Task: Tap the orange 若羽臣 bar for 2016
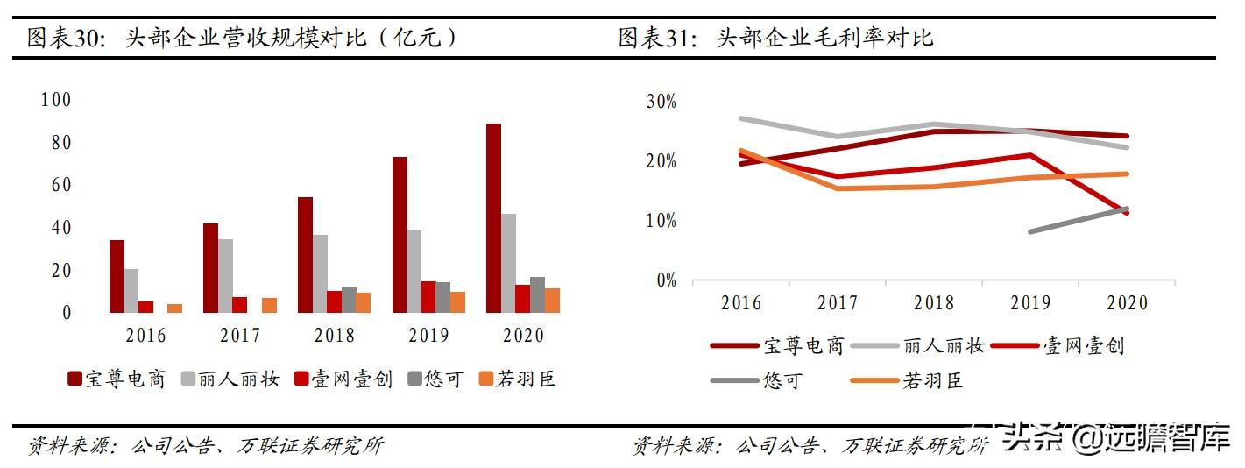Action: click(x=175, y=308)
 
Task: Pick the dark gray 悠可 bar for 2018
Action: click(x=349, y=300)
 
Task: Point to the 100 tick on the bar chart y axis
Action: click(x=55, y=100)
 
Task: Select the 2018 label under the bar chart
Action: click(x=334, y=336)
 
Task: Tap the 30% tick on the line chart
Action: click(x=661, y=102)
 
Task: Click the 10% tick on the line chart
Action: click(x=661, y=221)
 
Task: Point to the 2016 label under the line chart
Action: click(x=741, y=303)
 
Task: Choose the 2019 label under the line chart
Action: click(x=1030, y=303)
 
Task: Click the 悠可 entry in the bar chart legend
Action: click(x=435, y=379)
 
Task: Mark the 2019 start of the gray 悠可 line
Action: click(x=1031, y=232)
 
